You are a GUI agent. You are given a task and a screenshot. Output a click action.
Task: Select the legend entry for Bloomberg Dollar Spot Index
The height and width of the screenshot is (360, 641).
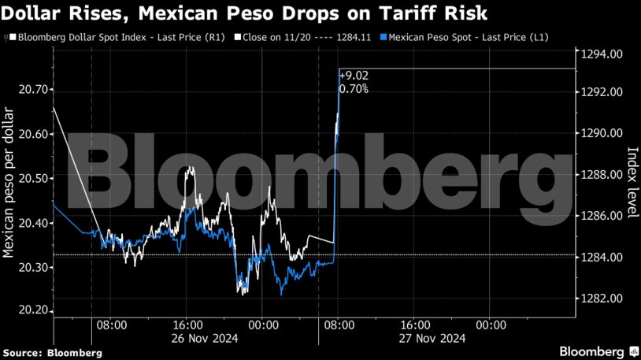(x=113, y=38)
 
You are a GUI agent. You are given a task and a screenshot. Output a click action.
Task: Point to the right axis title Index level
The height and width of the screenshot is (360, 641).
(x=632, y=184)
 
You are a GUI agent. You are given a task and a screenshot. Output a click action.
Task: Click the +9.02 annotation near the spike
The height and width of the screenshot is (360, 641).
(x=354, y=76)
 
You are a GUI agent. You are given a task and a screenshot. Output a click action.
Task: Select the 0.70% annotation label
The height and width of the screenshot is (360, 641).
(x=354, y=89)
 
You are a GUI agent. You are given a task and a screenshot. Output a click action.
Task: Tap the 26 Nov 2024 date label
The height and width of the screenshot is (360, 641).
(x=187, y=339)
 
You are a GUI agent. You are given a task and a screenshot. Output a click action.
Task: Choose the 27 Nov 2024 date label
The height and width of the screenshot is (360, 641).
(x=415, y=339)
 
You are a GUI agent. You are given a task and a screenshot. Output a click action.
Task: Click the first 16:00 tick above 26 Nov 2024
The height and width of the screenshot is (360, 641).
(x=187, y=325)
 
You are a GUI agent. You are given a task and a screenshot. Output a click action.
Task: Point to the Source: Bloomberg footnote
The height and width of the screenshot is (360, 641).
(x=51, y=353)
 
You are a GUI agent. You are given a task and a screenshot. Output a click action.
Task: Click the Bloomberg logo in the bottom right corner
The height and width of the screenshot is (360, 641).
(x=598, y=351)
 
